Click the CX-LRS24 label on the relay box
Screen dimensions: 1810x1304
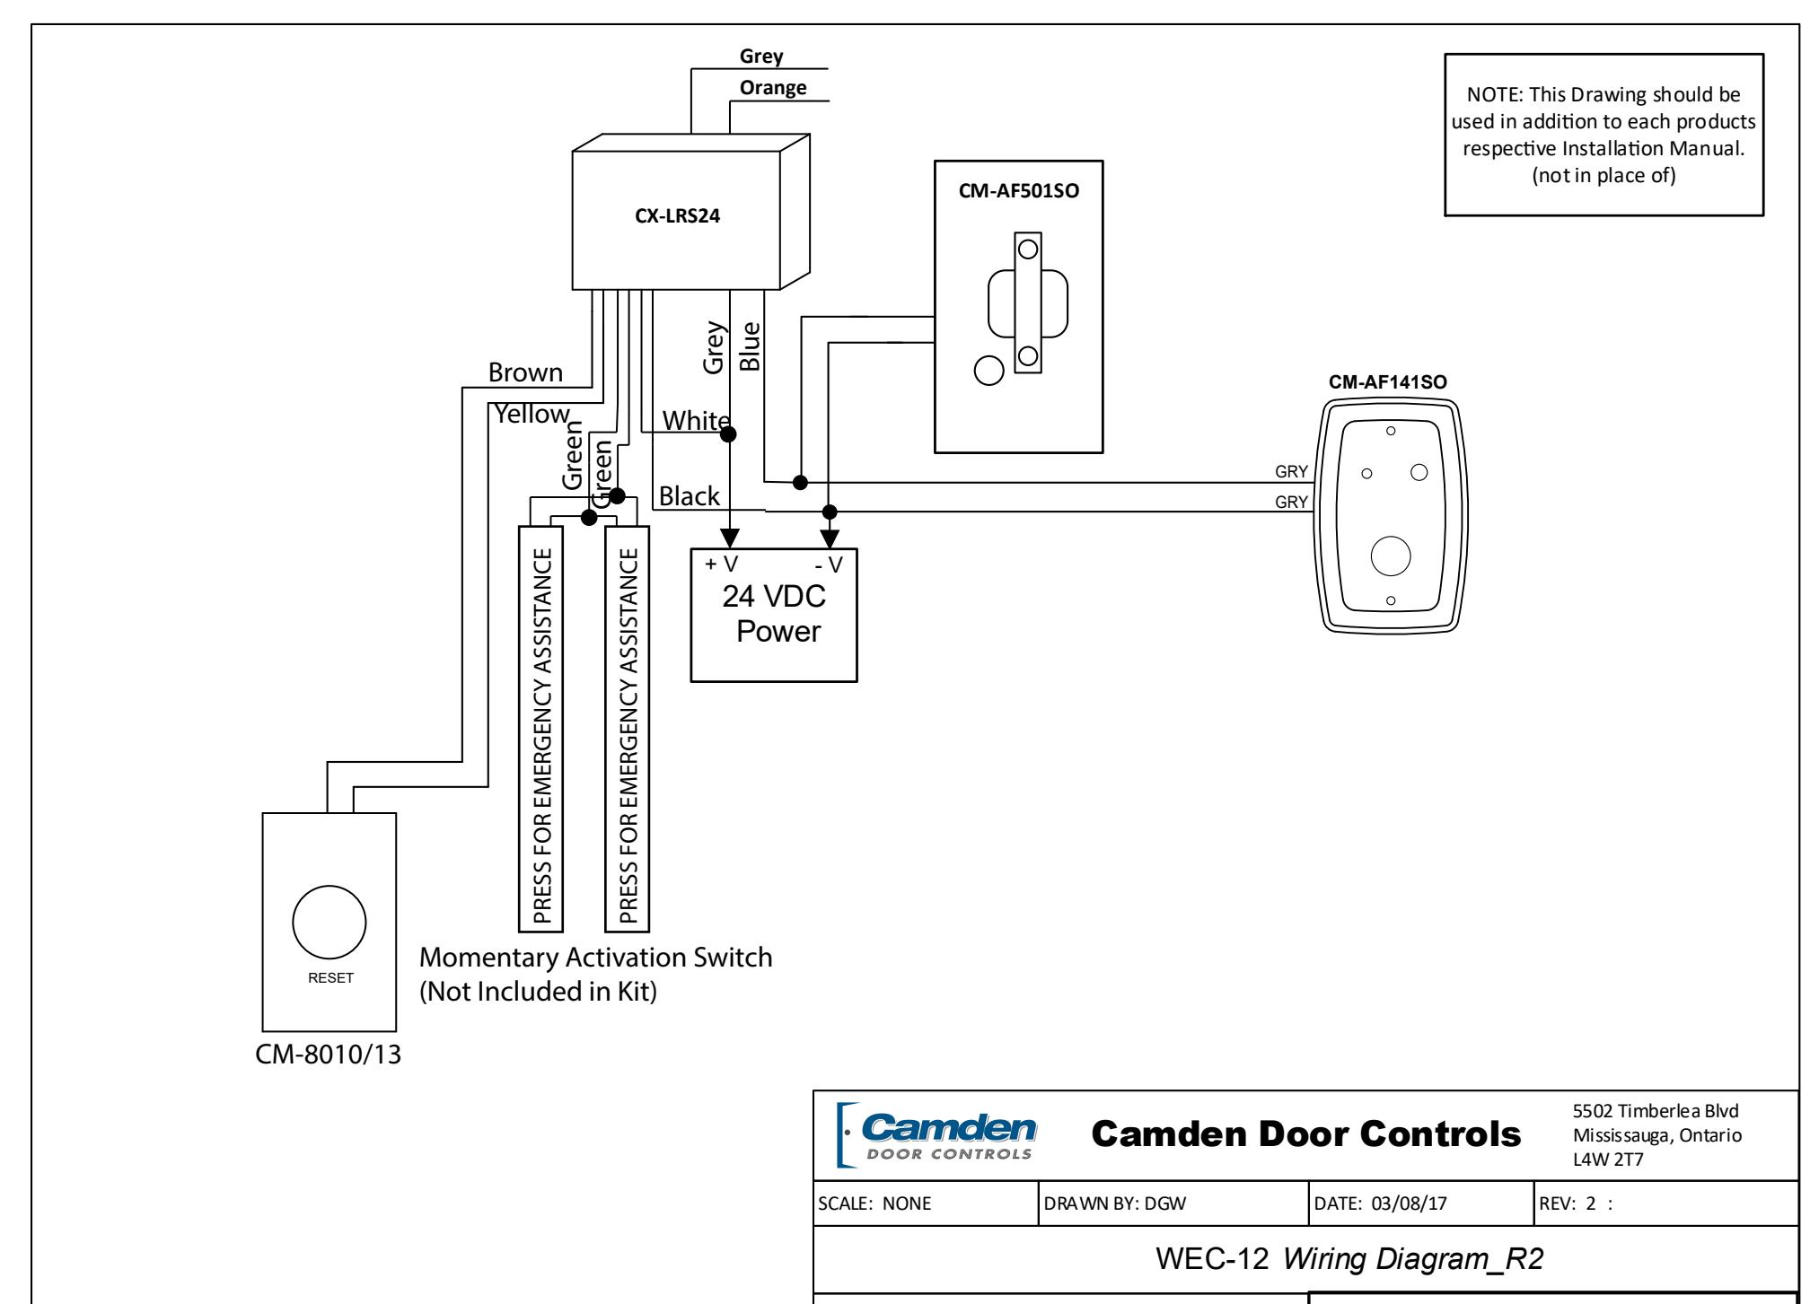coord(678,217)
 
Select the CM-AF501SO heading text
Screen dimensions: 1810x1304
coord(1019,191)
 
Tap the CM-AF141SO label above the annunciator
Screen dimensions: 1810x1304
coord(1388,382)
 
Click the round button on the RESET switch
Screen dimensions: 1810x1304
coord(329,922)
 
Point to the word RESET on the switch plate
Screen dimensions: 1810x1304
coord(330,978)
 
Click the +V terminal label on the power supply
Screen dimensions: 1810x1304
coord(721,564)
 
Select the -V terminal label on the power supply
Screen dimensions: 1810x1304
coord(829,564)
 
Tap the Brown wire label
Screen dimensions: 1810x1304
coord(525,372)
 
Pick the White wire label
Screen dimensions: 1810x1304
coord(696,420)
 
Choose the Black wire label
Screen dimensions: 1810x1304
coord(690,495)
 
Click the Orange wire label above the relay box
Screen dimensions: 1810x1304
coord(773,88)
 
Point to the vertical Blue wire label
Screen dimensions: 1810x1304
coord(750,346)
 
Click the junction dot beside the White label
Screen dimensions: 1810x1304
coord(729,434)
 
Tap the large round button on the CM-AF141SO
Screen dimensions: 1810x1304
coord(1391,556)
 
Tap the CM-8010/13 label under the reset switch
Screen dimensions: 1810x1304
coord(329,1055)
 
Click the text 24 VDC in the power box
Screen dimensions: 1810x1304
coord(774,597)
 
